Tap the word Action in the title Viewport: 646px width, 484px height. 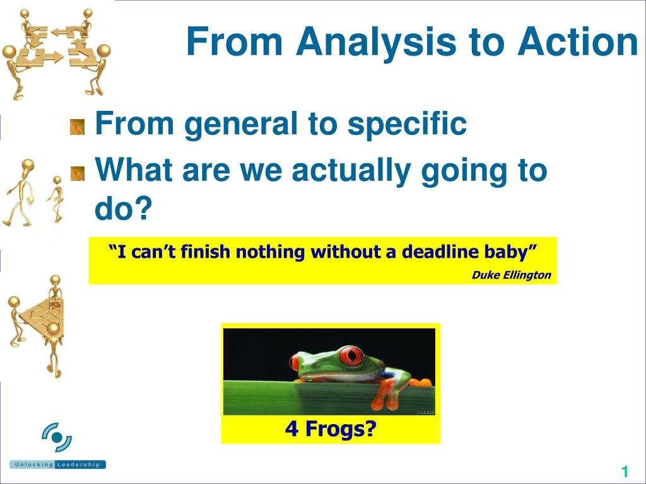pos(578,41)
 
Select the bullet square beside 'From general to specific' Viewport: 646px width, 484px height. pos(77,127)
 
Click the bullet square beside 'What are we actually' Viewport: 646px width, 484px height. pos(77,174)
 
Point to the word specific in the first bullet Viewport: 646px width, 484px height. pos(407,124)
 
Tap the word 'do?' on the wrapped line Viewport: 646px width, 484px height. pos(123,207)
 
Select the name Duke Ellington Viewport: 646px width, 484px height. pos(511,275)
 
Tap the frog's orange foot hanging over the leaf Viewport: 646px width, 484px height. pos(385,395)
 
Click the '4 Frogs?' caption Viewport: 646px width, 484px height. pos(331,429)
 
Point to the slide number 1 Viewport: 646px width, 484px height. pos(625,471)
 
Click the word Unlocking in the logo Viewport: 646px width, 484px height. pos(34,464)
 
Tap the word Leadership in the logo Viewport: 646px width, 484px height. pos(78,464)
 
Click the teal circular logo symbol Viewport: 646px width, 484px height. pos(57,437)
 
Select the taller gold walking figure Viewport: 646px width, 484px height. pos(20,193)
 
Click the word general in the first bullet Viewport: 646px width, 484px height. pos(241,124)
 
